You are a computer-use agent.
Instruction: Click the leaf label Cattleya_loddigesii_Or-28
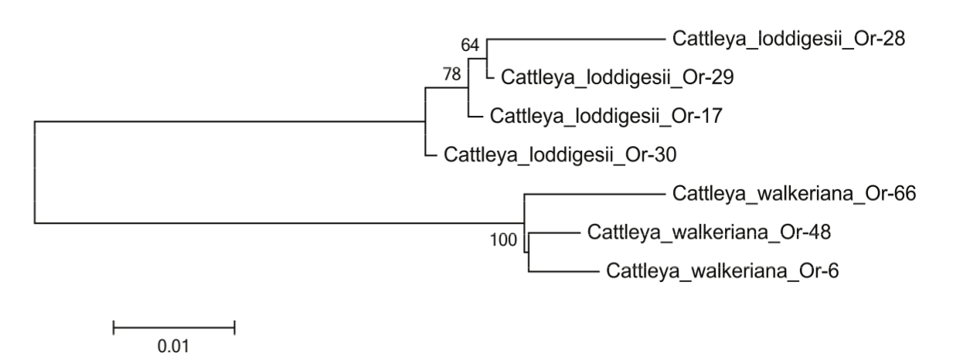coord(789,37)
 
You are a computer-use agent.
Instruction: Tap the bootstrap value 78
coord(451,75)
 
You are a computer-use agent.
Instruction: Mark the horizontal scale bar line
coord(173,328)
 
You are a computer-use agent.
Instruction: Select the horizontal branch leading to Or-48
coord(553,233)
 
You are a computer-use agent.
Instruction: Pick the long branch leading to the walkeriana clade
coord(278,223)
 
